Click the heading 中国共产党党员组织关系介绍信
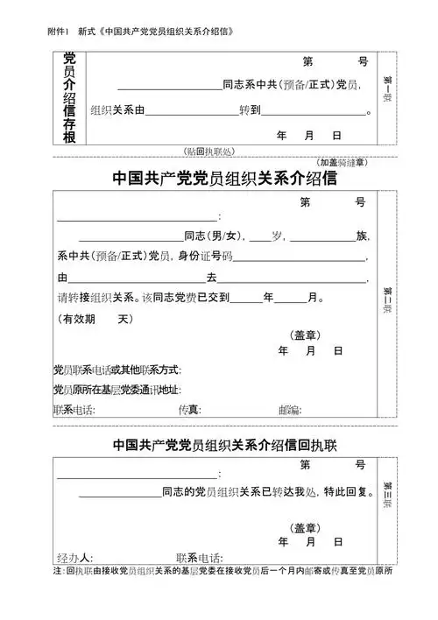coord(226,179)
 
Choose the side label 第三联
coord(386,490)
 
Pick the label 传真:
coord(189,410)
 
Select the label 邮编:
coord(290,410)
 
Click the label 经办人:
coord(75,558)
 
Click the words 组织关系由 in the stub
coord(117,111)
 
